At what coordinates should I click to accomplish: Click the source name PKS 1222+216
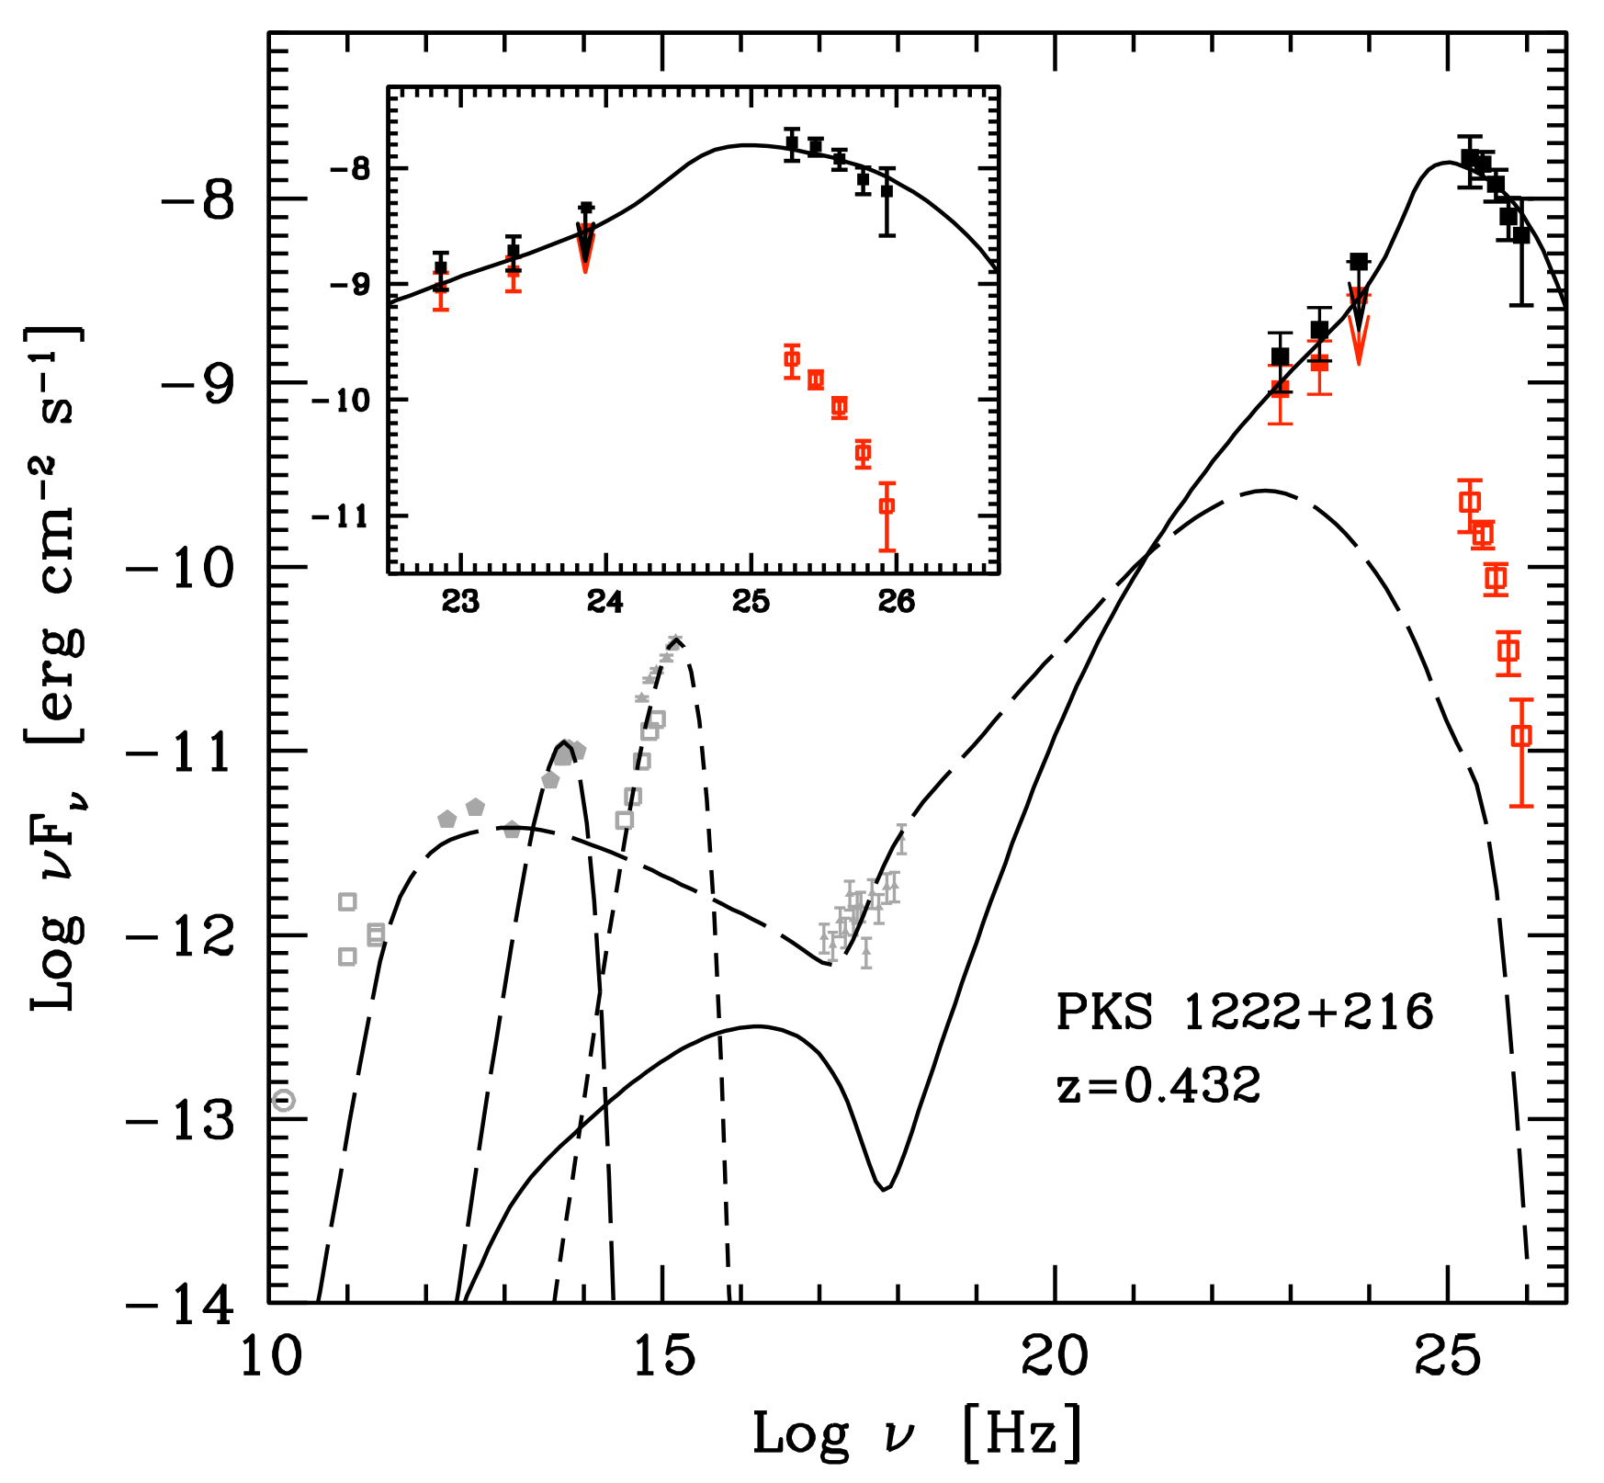pyautogui.click(x=1244, y=1013)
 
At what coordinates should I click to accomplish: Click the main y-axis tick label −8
pyautogui.click(x=198, y=199)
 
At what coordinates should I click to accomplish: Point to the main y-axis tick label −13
pyautogui.click(x=182, y=1121)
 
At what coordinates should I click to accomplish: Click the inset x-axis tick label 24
pyautogui.click(x=605, y=602)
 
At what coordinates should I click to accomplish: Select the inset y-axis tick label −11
pyautogui.click(x=340, y=516)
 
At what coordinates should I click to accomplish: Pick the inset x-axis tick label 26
pyautogui.click(x=896, y=602)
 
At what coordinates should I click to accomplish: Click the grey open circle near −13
pyautogui.click(x=284, y=1100)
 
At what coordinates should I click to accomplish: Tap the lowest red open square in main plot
pyautogui.click(x=1521, y=735)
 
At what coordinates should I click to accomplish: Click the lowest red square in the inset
pyautogui.click(x=887, y=505)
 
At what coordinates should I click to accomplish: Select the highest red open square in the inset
pyautogui.click(x=792, y=358)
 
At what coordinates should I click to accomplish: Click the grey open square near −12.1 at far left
pyautogui.click(x=347, y=957)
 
